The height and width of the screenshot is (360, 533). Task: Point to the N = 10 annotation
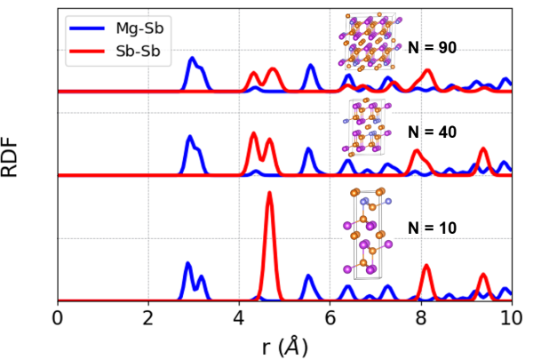pos(432,228)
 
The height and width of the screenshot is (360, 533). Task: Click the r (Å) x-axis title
pos(284,346)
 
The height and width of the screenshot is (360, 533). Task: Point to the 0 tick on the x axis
pos(58,317)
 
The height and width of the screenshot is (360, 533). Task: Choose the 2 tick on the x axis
pos(148,317)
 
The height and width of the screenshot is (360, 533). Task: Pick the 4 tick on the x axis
pos(239,317)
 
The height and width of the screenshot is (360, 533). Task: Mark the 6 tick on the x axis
pos(330,317)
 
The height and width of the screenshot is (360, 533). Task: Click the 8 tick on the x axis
pos(421,317)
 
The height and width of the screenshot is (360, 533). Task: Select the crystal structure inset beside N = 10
pos(364,233)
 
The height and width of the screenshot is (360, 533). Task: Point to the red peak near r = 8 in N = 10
pos(426,267)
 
